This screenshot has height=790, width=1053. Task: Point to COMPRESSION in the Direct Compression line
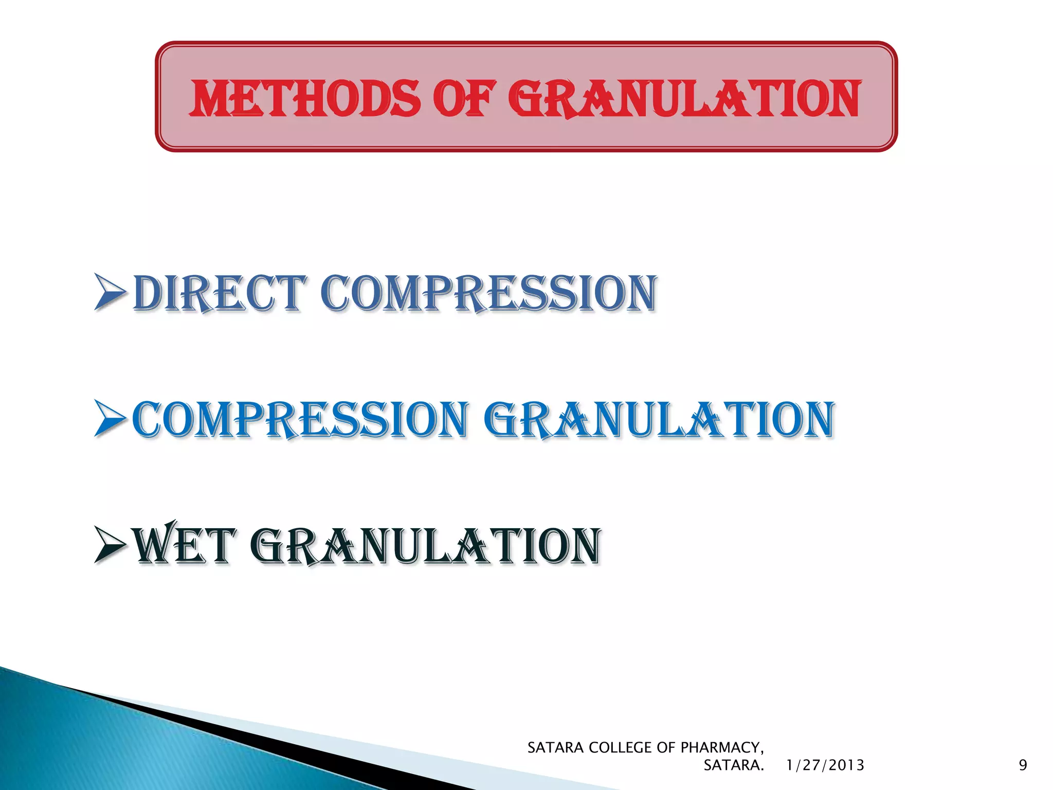[488, 293]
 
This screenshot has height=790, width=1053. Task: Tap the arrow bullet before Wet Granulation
[110, 546]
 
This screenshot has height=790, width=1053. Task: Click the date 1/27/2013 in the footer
[825, 765]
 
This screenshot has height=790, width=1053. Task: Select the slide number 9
[1023, 765]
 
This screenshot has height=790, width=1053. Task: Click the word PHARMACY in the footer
[722, 747]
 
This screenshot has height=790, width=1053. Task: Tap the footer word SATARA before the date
[733, 765]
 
